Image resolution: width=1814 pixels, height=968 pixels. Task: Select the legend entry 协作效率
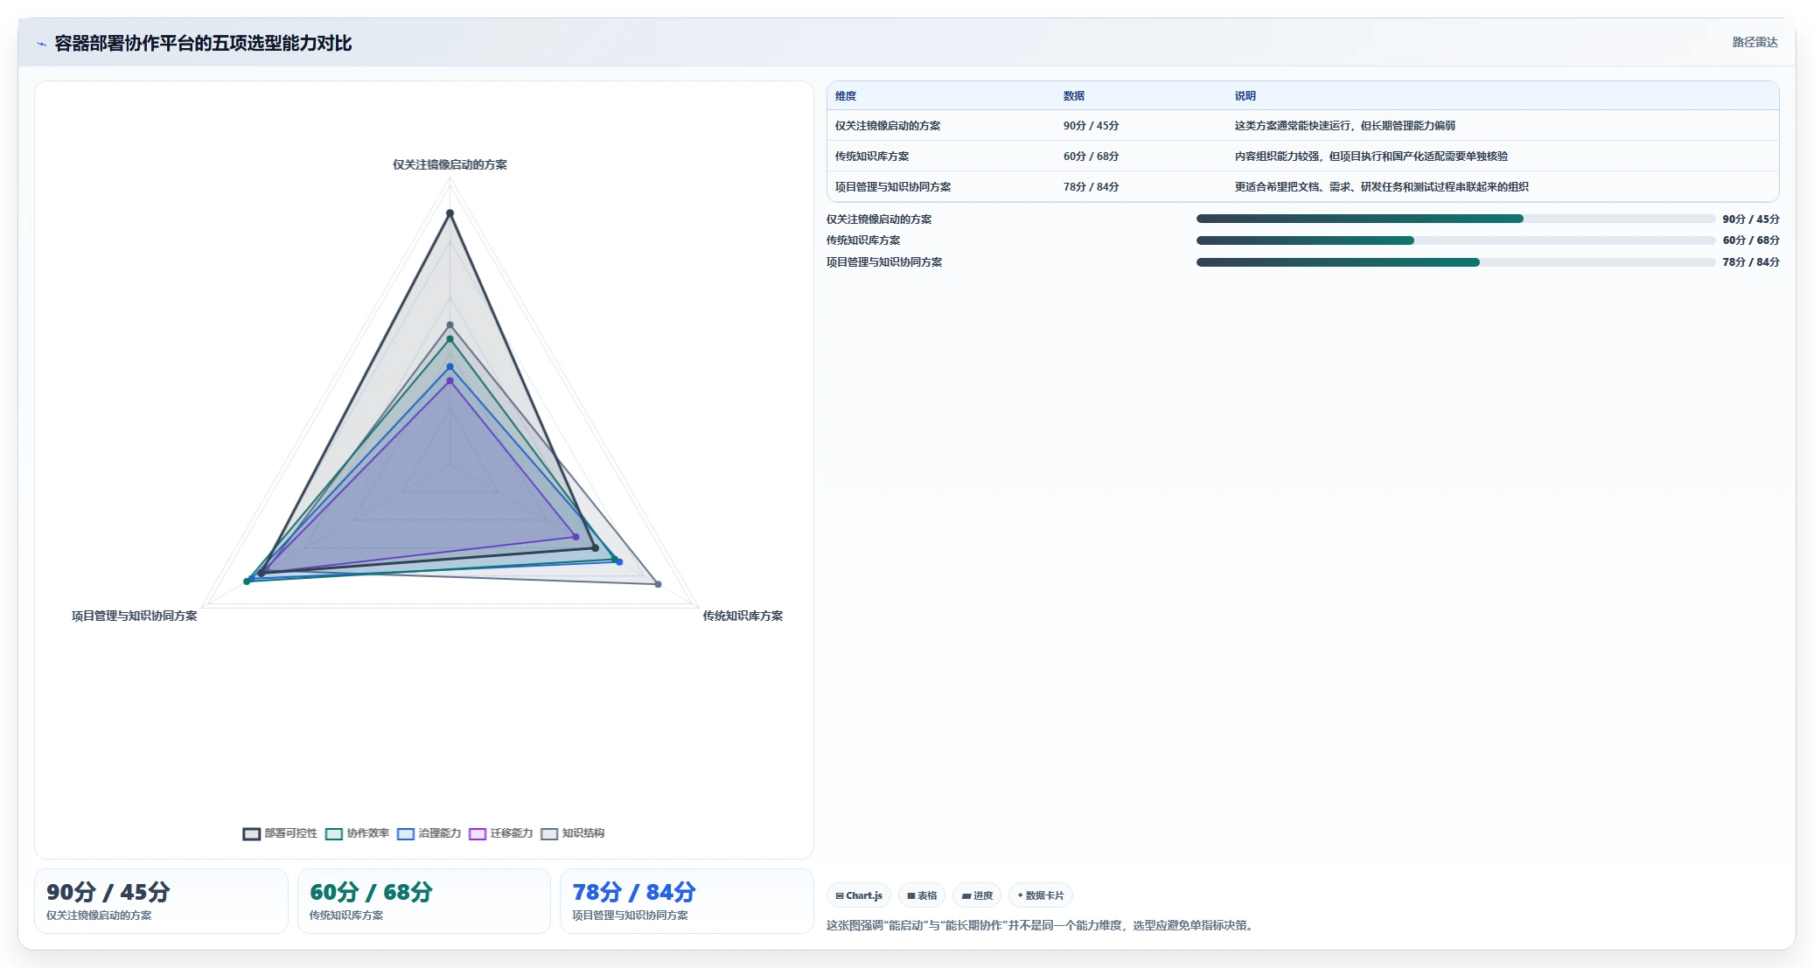click(x=357, y=833)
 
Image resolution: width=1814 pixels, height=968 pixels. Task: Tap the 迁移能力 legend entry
click(x=500, y=833)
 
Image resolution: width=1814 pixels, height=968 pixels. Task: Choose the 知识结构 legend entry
click(x=572, y=833)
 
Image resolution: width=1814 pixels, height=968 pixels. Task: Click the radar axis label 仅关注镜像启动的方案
click(x=450, y=164)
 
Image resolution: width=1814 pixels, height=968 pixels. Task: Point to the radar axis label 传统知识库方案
click(x=743, y=616)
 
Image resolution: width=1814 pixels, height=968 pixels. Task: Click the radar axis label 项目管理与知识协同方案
click(x=134, y=616)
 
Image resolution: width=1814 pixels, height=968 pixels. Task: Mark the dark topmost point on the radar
click(x=450, y=213)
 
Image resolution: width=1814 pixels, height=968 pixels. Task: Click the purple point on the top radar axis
click(x=450, y=381)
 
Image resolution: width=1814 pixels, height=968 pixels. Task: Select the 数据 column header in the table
click(x=1074, y=96)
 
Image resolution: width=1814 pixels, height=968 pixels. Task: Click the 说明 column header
click(x=1245, y=96)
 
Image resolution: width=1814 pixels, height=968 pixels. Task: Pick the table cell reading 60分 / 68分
click(x=1091, y=157)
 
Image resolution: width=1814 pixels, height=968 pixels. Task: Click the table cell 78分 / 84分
click(x=1091, y=187)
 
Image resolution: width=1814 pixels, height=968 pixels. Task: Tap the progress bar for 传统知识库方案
click(x=1455, y=240)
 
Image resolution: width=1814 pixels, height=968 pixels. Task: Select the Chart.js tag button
click(x=859, y=895)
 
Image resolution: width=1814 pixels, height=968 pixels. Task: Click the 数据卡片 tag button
click(x=1041, y=895)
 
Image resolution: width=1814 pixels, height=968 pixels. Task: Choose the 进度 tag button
click(x=977, y=895)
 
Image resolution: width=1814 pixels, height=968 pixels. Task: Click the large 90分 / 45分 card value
click(x=108, y=892)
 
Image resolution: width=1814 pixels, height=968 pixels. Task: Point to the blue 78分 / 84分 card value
click(x=634, y=892)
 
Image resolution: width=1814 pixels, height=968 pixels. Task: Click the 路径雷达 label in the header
click(x=1755, y=42)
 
